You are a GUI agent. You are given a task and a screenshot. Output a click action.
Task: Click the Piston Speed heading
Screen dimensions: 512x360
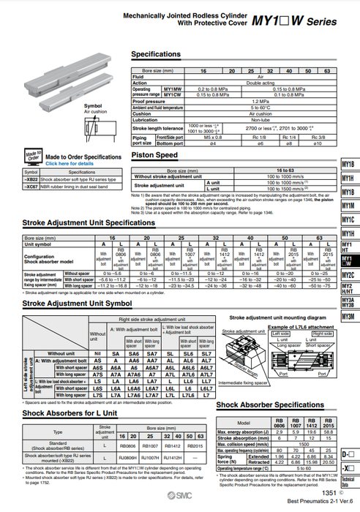(x=154, y=155)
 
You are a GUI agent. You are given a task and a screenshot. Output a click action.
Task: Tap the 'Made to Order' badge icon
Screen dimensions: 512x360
(x=33, y=157)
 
